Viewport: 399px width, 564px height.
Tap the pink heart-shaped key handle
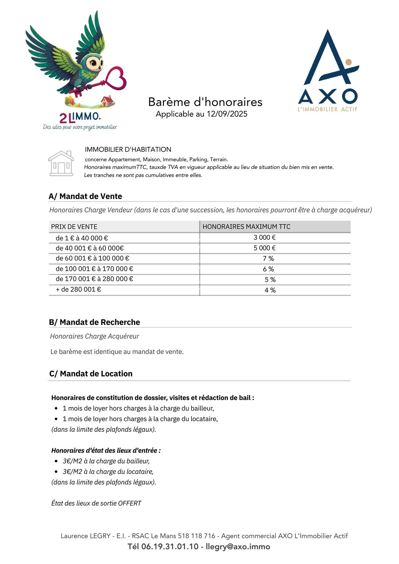click(116, 78)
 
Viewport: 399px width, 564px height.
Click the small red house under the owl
click(107, 101)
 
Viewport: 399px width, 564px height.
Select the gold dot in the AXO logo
click(348, 62)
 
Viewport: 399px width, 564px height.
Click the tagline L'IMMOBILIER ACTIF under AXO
click(328, 109)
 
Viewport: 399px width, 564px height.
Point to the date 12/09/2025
click(227, 114)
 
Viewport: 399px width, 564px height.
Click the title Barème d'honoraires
click(205, 102)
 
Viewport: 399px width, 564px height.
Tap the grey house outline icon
click(61, 164)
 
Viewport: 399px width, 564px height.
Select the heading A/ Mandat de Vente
click(85, 196)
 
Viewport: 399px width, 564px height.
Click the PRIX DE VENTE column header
click(74, 227)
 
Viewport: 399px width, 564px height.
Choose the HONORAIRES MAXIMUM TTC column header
click(246, 227)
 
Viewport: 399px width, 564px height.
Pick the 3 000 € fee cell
click(264, 238)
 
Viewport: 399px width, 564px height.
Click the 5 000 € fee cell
click(264, 248)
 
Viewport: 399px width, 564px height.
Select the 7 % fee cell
click(268, 259)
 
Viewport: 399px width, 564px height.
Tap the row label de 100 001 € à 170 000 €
click(94, 269)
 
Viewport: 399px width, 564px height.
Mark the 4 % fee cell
click(270, 290)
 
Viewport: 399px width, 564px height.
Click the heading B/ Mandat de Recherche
click(94, 322)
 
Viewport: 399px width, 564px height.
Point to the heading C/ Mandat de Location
click(91, 374)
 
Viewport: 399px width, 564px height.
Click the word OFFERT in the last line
click(129, 503)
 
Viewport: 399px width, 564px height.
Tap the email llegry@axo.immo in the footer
click(238, 547)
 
